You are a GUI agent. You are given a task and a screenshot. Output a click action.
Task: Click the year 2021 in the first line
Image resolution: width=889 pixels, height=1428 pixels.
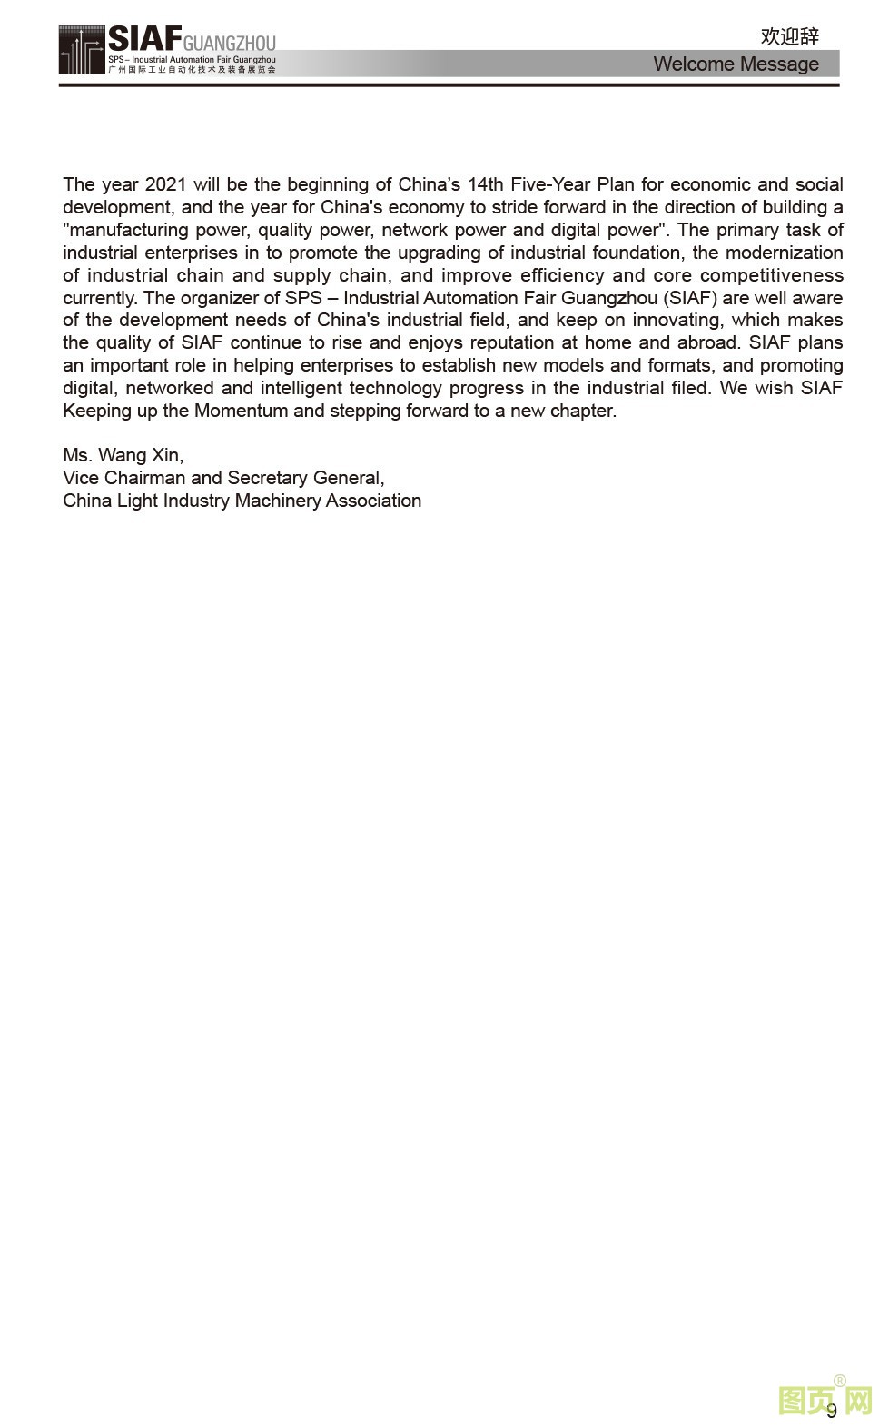pyautogui.click(x=164, y=184)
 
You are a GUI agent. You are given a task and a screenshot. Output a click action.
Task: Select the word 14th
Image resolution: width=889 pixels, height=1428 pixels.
pyautogui.click(x=485, y=184)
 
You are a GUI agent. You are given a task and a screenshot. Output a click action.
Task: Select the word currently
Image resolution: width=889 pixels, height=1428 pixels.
pyautogui.click(x=100, y=298)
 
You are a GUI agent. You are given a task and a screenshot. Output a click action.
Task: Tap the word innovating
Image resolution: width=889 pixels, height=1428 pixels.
pyautogui.click(x=677, y=320)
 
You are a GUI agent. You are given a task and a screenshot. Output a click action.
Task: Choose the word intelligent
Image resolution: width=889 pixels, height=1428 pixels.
pyautogui.click(x=301, y=388)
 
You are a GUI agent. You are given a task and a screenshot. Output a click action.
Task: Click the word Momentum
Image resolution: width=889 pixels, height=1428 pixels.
pyautogui.click(x=241, y=411)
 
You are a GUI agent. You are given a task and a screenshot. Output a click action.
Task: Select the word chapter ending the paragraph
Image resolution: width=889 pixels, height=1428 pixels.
pyautogui.click(x=584, y=411)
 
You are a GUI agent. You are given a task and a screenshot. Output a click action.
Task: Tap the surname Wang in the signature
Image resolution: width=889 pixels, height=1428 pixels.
pyautogui.click(x=122, y=455)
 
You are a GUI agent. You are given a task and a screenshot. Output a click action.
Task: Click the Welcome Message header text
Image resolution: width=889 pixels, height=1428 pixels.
pyautogui.click(x=736, y=64)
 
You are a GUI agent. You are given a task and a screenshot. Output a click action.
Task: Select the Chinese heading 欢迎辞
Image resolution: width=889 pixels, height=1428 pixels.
pyautogui.click(x=789, y=36)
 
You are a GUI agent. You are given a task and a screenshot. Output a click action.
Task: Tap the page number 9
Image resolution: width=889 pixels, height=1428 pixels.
pyautogui.click(x=832, y=1411)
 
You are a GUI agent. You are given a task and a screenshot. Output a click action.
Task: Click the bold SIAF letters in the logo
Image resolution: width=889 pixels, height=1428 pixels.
pyautogui.click(x=143, y=39)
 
